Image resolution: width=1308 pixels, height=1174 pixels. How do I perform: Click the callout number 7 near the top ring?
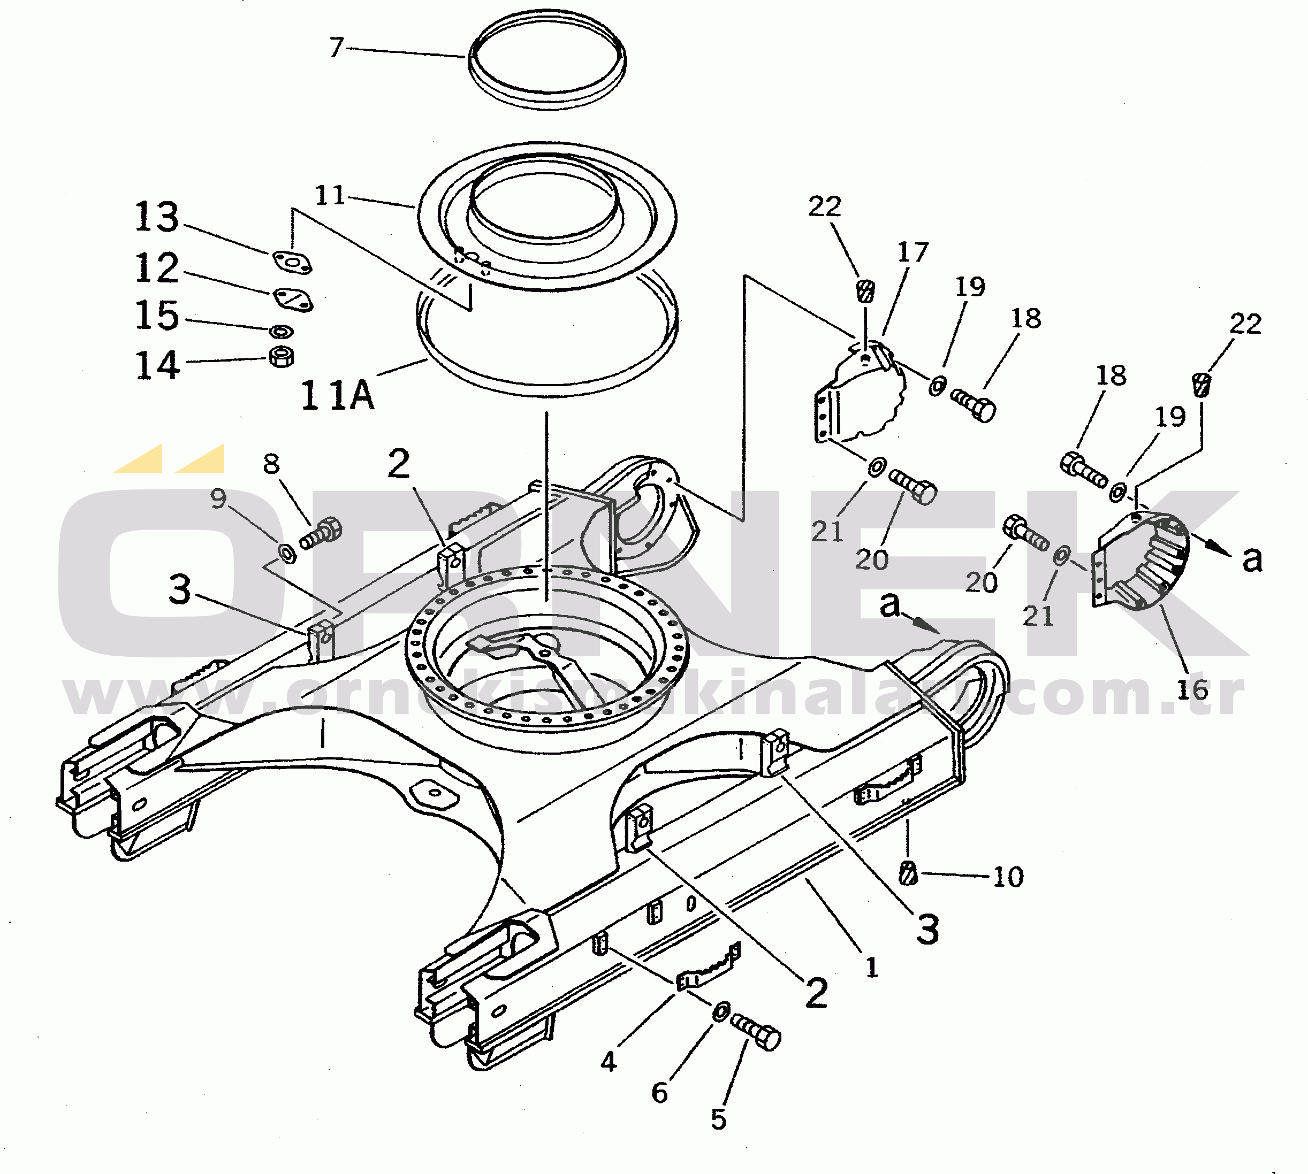click(x=336, y=48)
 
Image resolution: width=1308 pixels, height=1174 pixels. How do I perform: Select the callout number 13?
click(x=157, y=217)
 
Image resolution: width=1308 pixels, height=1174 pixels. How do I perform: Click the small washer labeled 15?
click(x=280, y=332)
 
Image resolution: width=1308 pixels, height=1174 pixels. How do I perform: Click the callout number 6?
click(x=659, y=1092)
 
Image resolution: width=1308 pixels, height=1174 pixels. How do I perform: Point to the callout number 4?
click(x=609, y=1061)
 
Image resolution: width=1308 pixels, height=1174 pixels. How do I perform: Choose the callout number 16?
click(x=1192, y=689)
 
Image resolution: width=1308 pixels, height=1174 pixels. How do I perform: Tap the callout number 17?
click(x=912, y=252)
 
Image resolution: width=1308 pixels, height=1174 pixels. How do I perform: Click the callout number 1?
click(x=872, y=968)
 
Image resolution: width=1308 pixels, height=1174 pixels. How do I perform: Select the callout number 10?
click(x=1008, y=877)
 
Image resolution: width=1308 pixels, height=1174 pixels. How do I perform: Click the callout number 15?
click(x=157, y=316)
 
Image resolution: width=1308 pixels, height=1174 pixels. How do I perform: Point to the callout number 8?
click(x=272, y=464)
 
